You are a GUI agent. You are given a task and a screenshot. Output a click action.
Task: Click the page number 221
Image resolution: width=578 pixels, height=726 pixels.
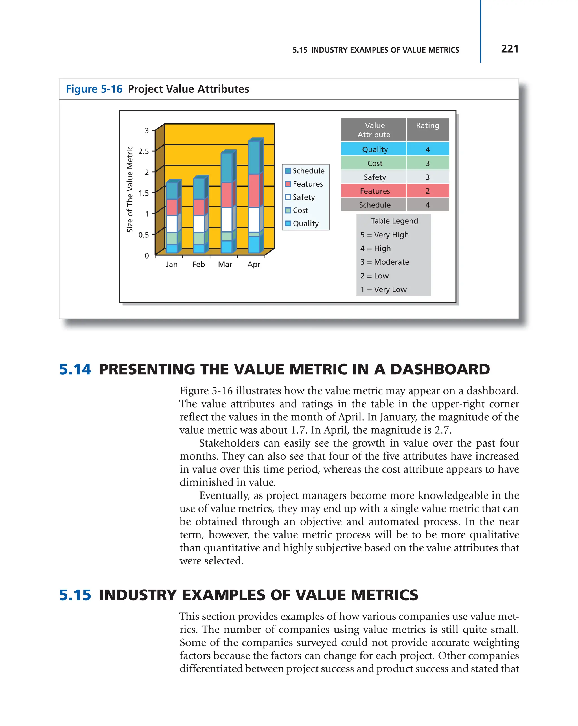[x=509, y=49]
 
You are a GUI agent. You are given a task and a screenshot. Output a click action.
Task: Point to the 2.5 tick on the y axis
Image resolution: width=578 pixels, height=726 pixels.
[x=144, y=151]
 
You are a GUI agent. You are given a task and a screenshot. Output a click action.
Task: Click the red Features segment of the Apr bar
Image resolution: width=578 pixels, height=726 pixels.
[x=254, y=190]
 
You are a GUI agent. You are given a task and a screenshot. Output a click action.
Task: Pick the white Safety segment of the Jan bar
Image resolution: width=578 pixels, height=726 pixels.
[x=172, y=224]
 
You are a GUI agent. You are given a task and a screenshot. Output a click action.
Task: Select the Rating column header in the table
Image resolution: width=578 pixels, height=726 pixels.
[x=427, y=125]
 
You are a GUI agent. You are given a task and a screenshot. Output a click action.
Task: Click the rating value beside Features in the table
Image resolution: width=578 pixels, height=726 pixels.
[x=427, y=191]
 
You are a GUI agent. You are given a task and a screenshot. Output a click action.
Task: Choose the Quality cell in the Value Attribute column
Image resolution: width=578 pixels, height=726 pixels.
[x=375, y=149]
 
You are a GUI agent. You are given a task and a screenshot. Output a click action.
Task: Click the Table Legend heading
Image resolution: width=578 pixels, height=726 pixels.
[x=394, y=221]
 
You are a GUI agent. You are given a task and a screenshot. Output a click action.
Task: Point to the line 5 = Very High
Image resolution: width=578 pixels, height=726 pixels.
[x=384, y=235]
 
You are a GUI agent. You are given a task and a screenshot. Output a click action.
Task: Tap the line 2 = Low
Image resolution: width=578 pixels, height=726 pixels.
[x=374, y=276]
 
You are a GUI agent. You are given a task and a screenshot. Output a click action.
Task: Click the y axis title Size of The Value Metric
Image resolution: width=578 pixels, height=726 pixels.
[x=130, y=190]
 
